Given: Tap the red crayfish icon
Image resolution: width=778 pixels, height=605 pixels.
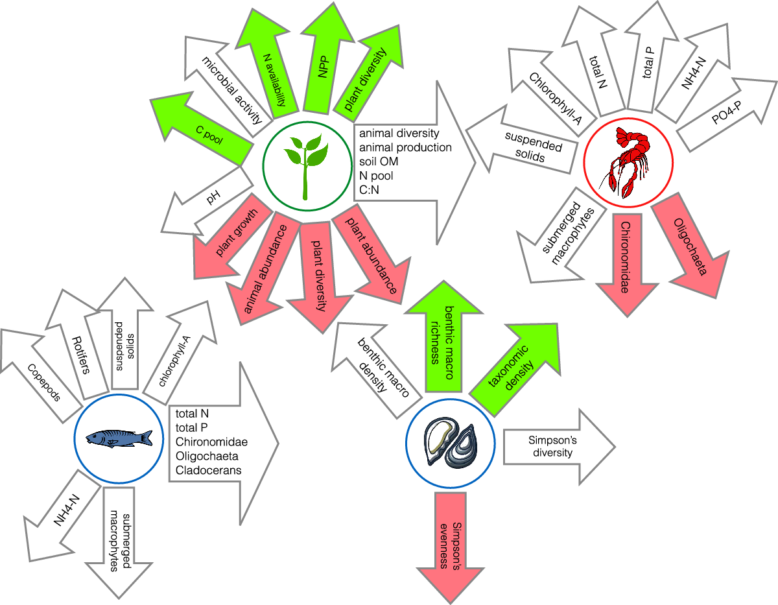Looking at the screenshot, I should (628, 162).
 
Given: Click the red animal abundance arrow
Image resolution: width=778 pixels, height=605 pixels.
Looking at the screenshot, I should (262, 266).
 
